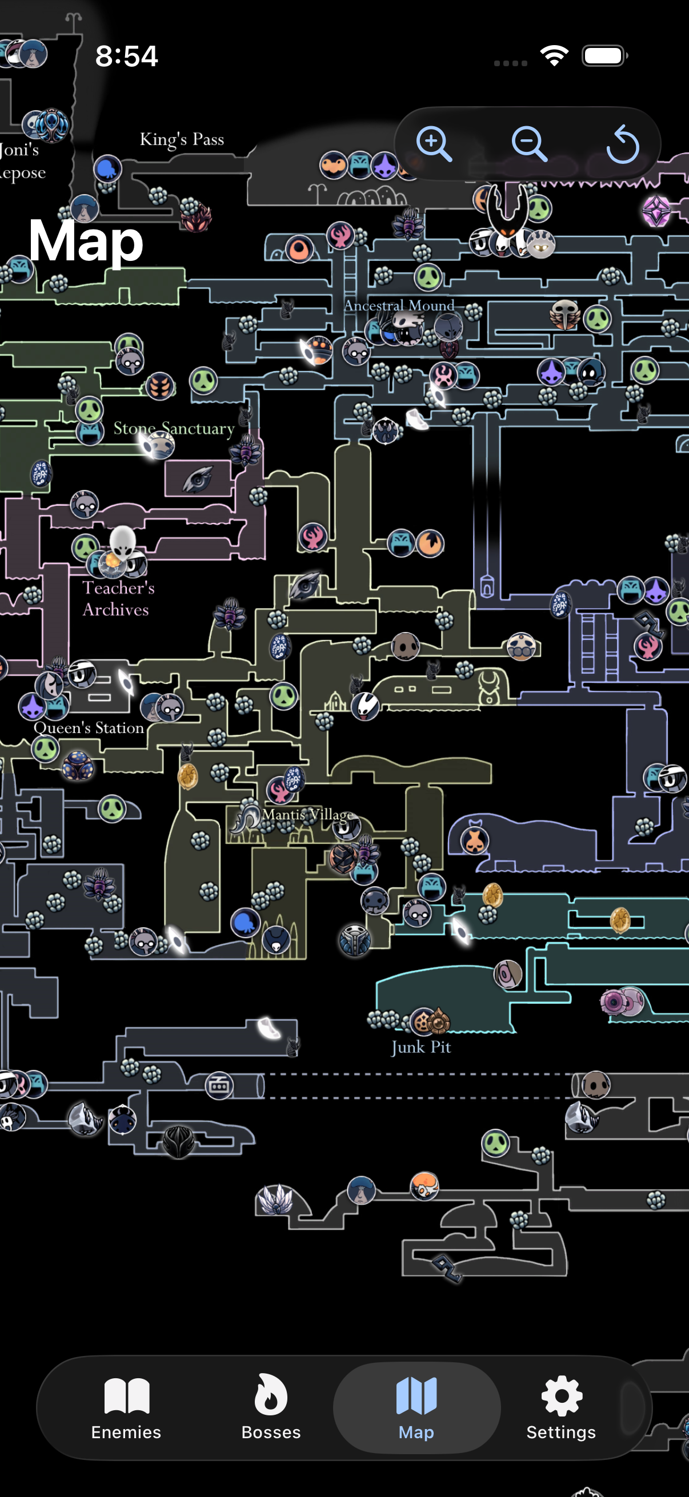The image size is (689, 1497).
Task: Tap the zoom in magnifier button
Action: click(434, 143)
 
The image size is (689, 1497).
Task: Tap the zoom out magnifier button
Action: click(528, 143)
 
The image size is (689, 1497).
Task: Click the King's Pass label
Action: click(182, 139)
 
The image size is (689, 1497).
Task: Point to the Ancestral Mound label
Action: click(399, 305)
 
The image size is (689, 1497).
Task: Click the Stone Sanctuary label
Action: click(174, 428)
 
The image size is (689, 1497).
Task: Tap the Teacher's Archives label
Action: click(118, 598)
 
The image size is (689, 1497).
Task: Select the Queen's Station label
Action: click(89, 727)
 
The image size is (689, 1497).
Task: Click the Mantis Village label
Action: click(307, 814)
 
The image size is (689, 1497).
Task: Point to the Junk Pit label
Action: click(421, 1047)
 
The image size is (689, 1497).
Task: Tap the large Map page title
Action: click(86, 240)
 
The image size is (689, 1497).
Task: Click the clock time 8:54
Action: click(126, 57)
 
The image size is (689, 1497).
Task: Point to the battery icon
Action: click(604, 57)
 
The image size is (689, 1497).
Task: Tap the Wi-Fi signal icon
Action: click(554, 56)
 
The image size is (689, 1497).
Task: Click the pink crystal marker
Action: click(656, 211)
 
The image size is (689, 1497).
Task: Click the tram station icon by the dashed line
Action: click(219, 1085)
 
